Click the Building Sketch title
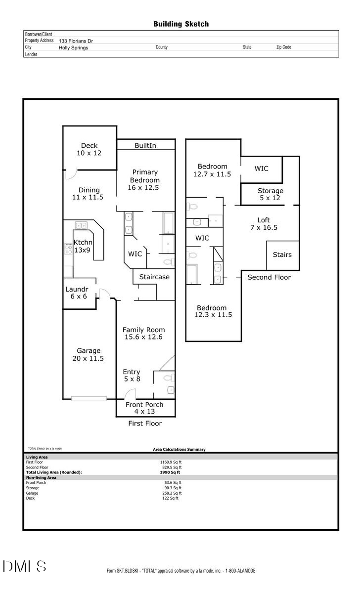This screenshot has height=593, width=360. (x=180, y=24)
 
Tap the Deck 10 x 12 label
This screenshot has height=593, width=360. (x=90, y=149)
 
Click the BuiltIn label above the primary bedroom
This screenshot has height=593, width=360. (x=145, y=146)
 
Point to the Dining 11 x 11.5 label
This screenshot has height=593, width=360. (x=89, y=194)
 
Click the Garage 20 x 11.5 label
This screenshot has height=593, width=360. (x=89, y=355)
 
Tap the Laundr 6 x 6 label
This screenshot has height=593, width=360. (x=77, y=293)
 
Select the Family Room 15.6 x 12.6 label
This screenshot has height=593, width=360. (x=144, y=334)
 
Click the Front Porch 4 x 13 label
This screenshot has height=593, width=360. (x=144, y=408)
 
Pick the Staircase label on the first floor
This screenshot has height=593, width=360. (x=154, y=277)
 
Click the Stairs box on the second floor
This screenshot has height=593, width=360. (x=282, y=255)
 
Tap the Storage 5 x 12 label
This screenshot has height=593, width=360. (x=270, y=194)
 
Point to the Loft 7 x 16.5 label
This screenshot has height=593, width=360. (x=264, y=224)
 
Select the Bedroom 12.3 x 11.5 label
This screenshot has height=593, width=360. (x=213, y=311)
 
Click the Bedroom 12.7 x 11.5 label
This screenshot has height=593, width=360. (x=212, y=170)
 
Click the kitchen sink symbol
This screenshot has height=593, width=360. (x=81, y=225)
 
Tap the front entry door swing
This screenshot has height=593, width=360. (x=130, y=394)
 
